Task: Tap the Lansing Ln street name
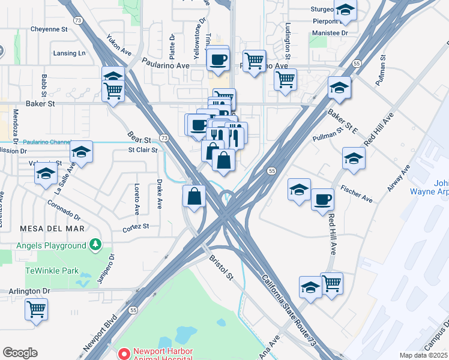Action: pos(70,53)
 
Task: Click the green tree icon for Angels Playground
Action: pos(94,245)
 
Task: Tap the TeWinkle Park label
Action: pos(52,271)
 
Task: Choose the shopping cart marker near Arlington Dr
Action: pos(36,309)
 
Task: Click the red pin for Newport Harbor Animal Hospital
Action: pos(124,353)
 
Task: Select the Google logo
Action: pos(20,353)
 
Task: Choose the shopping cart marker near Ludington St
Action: pos(285,79)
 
